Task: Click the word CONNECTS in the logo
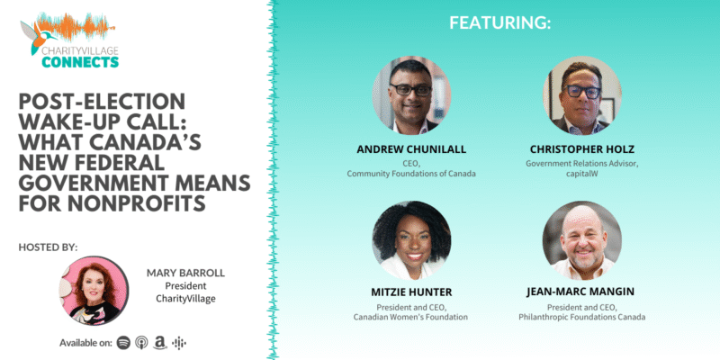[x=80, y=61]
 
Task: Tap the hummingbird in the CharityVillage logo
[x=37, y=37]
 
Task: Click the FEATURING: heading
[x=499, y=23]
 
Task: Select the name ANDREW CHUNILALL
[x=411, y=149]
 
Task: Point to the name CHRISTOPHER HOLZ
[x=581, y=149]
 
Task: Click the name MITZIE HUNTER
[x=411, y=292]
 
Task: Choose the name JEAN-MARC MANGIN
[x=581, y=292]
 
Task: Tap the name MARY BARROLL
[x=185, y=274]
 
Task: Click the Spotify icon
[x=123, y=343]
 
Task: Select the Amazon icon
[x=160, y=343]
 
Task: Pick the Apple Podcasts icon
[x=141, y=343]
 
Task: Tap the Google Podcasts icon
[x=179, y=343]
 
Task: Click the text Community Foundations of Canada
[x=411, y=174]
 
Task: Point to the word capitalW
[x=581, y=174]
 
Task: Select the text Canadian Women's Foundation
[x=411, y=317]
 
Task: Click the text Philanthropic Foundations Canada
[x=581, y=317]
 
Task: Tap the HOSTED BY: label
[x=49, y=247]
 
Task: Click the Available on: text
[x=85, y=343]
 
